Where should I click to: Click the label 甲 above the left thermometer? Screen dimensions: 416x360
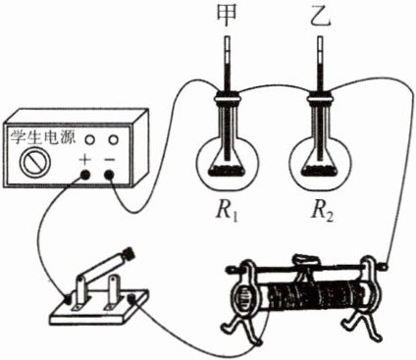[x=228, y=17]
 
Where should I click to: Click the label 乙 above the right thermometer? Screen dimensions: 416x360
[x=321, y=17]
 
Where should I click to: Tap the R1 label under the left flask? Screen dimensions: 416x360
[x=228, y=213]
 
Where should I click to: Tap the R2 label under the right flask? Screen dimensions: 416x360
[x=322, y=213]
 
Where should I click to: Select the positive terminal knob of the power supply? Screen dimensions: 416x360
[x=84, y=176]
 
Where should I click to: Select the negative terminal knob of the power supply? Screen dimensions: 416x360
[x=110, y=176]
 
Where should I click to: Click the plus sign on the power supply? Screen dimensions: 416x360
[x=84, y=160]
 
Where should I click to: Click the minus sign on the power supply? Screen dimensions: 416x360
[x=110, y=160]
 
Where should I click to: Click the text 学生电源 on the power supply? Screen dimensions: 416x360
[x=42, y=136]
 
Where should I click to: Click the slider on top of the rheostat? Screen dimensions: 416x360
[x=307, y=259]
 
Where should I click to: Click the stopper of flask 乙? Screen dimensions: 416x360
[x=321, y=96]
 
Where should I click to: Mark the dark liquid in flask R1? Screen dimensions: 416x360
[x=227, y=170]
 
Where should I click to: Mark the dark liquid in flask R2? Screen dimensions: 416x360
[x=320, y=170]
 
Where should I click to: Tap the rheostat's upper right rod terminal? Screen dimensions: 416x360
[x=384, y=266]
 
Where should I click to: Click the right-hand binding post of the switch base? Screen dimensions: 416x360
[x=132, y=298]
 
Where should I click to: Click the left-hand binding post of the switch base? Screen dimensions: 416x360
[x=69, y=298]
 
